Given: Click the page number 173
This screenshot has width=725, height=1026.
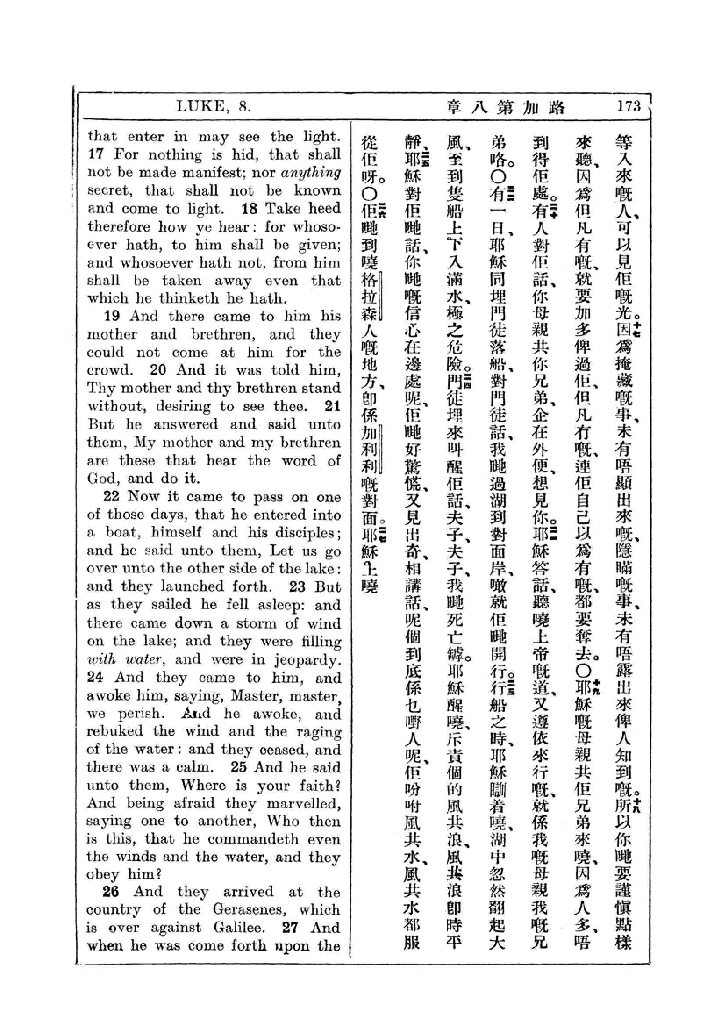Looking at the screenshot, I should point(629,106).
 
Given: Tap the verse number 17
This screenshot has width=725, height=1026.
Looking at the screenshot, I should point(96,154).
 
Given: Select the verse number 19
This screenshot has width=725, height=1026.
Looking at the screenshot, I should point(112,316).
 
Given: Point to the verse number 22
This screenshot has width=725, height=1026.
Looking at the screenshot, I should point(111,497).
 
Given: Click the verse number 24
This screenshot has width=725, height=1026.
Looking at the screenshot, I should point(95,677).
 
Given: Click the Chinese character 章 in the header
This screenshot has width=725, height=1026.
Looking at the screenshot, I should point(454,107).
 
